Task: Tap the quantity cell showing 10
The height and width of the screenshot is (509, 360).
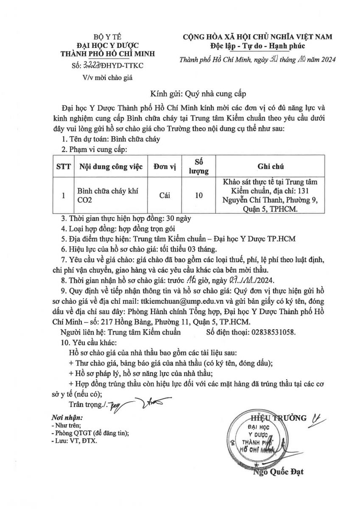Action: (198, 196)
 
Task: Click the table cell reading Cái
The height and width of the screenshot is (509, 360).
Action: (167, 196)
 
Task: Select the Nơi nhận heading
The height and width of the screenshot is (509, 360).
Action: (64, 417)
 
